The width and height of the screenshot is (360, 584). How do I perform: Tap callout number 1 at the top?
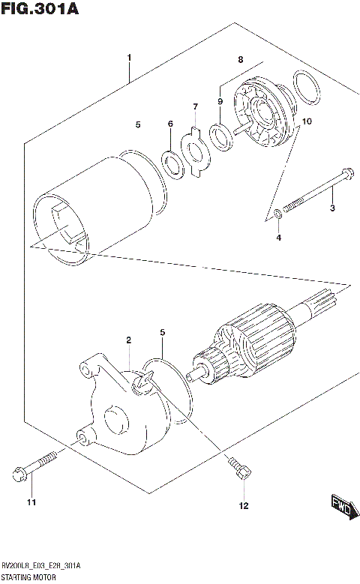point(129,58)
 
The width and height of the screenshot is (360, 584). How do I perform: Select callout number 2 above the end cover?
point(128,340)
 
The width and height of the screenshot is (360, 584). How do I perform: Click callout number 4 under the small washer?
point(278,238)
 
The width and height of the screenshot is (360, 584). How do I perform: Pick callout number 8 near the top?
point(241,58)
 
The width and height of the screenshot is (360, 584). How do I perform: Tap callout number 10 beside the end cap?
point(306,121)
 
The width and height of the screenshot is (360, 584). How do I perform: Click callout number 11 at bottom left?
point(31,502)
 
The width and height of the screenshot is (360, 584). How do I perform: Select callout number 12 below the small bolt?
point(243,506)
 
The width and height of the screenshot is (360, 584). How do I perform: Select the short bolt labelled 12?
point(239,469)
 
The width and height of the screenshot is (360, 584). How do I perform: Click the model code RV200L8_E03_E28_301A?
point(42,565)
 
